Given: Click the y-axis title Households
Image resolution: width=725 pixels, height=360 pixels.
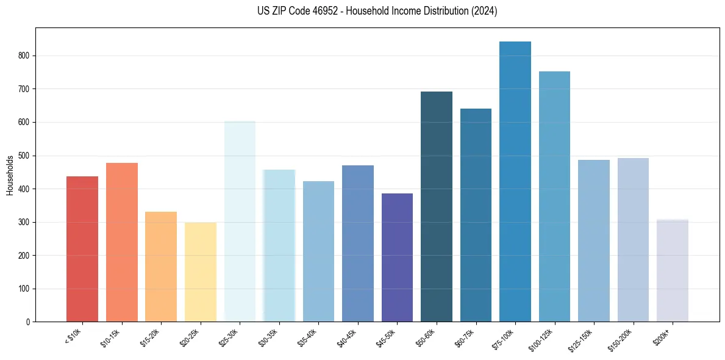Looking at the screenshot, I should pyautogui.click(x=10, y=175).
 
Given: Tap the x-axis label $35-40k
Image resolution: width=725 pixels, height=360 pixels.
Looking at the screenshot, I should pyautogui.click(x=309, y=337).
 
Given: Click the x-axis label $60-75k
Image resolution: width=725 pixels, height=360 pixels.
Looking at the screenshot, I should pyautogui.click(x=466, y=337).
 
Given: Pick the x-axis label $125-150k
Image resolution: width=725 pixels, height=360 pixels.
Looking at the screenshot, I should pyautogui.click(x=583, y=339).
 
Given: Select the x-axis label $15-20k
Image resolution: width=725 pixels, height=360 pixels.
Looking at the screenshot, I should pyautogui.click(x=152, y=337).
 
